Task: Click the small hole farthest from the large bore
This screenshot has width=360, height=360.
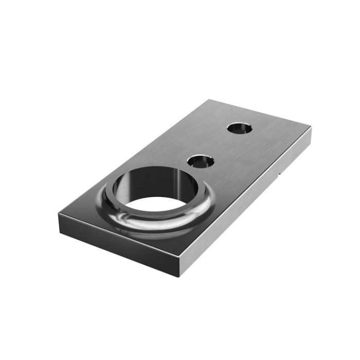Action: [240, 128]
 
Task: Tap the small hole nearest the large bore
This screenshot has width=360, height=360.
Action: [201, 161]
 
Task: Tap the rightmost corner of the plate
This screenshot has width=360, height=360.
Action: [311, 129]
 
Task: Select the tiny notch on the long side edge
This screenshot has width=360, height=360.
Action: [279, 174]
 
